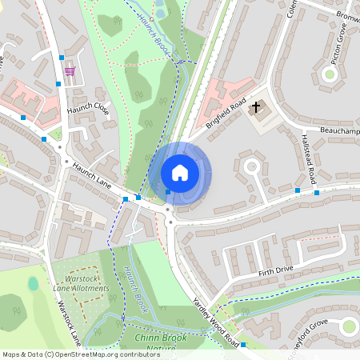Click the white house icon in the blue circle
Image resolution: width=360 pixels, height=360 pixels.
pyautogui.click(x=180, y=173)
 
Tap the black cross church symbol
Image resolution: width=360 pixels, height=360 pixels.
pyautogui.click(x=257, y=106)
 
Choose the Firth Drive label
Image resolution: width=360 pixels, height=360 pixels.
pyautogui.click(x=277, y=272)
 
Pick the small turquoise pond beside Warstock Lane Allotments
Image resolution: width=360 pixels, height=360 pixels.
pyautogui.click(x=33, y=283)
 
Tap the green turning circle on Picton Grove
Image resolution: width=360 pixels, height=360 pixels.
pyautogui.click(x=329, y=74)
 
